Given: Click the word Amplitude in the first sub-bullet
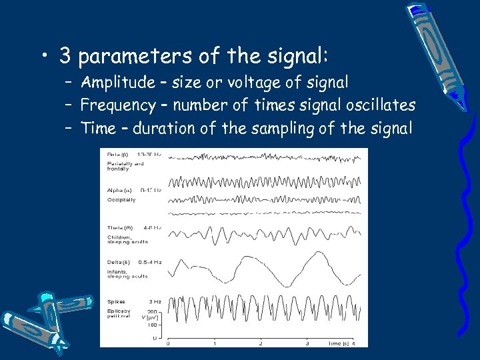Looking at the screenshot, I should (115, 83).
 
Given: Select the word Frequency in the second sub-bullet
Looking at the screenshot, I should (116, 105).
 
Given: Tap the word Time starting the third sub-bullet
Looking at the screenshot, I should (97, 128).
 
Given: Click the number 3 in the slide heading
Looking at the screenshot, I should (65, 56).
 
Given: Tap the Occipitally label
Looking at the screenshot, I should (121, 199).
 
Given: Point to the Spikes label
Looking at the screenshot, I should (117, 302).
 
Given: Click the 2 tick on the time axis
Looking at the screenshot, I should (261, 343).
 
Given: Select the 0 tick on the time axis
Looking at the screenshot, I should (167, 343).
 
